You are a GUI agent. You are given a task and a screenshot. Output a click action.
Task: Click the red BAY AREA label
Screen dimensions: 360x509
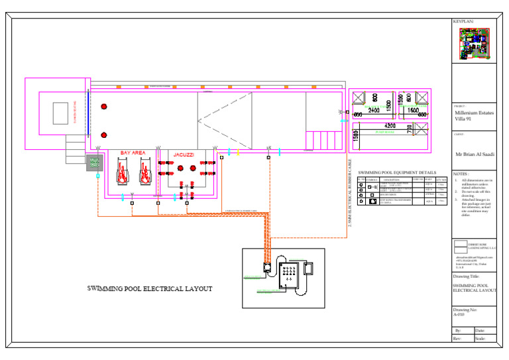tap(133, 153)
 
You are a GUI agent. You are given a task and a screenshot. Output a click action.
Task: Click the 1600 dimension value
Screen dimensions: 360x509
tap(413, 110)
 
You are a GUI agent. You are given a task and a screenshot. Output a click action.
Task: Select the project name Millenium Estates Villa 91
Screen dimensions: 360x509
tap(474, 116)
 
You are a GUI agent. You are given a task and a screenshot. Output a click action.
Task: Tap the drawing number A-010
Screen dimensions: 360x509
tap(461, 314)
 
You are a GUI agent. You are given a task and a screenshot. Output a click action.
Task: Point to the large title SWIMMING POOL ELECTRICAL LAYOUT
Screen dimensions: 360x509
tap(150, 289)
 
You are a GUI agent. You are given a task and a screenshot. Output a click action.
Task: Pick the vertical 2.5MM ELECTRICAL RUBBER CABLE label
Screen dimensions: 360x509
tap(350, 194)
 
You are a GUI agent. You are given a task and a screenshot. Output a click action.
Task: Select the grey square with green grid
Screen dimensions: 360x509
tap(94, 162)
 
